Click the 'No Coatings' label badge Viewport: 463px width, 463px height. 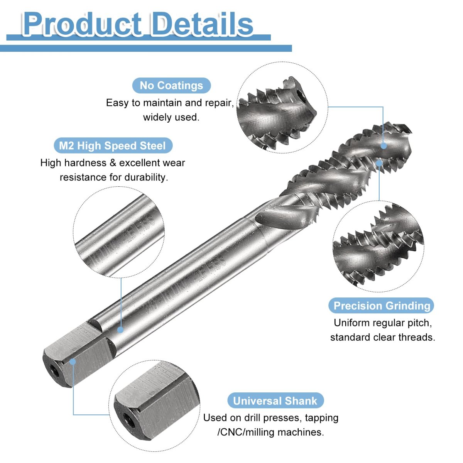(171, 86)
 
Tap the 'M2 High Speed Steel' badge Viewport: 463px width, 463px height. (113, 145)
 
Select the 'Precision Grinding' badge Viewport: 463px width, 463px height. (382, 306)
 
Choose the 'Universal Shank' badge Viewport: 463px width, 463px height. (275, 401)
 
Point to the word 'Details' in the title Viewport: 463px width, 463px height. (202, 24)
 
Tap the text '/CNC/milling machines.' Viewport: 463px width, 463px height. (271, 432)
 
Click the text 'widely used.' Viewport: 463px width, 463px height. (171, 117)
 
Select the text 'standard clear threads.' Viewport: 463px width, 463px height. (383, 337)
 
